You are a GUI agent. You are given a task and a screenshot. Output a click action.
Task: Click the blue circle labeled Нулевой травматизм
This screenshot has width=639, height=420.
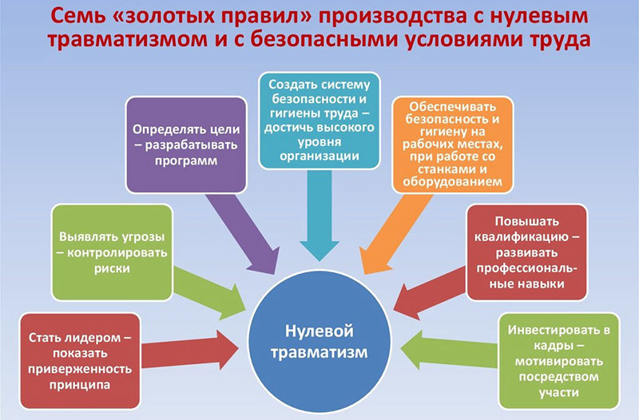click(x=320, y=339)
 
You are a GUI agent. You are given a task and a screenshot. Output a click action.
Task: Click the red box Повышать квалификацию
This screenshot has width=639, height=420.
click(x=526, y=252)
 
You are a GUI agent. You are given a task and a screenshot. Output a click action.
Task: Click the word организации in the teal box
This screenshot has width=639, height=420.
click(x=319, y=157)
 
